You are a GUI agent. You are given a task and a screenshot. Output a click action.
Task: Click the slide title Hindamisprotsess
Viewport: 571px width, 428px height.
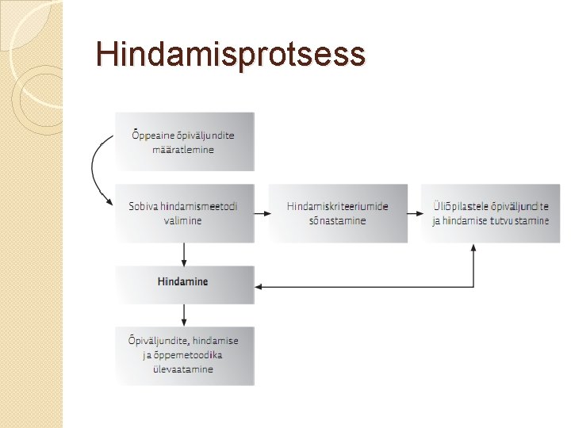coord(230,55)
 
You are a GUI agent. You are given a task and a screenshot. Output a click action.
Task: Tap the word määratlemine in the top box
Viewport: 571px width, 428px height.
coord(183,150)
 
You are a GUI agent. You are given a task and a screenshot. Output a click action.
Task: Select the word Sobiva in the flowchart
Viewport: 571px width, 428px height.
coord(144,206)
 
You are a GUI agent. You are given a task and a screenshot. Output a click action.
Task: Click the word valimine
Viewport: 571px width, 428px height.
coord(183,220)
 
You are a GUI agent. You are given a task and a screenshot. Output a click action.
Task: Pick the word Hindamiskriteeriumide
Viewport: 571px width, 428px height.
coord(338,206)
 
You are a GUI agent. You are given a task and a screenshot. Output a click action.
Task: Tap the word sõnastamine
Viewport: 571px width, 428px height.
coord(338,220)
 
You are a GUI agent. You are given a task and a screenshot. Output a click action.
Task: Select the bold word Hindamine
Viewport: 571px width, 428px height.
coord(183,281)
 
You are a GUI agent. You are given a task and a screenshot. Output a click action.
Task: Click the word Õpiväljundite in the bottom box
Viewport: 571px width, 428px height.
coord(155,341)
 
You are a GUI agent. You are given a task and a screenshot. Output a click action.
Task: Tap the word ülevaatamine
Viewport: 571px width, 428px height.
coord(183,369)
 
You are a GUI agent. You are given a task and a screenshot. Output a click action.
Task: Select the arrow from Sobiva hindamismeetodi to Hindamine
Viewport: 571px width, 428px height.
coord(184,254)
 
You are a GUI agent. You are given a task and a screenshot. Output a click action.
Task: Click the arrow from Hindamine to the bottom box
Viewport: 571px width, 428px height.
coord(184,315)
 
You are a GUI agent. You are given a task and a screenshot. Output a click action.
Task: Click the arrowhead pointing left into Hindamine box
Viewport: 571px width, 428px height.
coord(260,285)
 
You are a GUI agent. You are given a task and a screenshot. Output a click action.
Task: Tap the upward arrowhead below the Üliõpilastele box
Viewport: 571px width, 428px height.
coord(473,248)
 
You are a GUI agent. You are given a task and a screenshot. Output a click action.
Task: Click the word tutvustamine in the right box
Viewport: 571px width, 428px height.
coord(519,220)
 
